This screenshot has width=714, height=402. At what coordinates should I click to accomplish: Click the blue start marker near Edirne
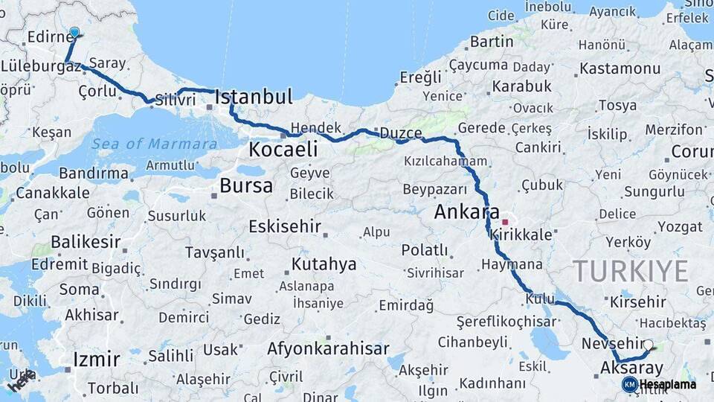74,33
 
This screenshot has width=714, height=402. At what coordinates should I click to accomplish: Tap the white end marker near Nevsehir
648,345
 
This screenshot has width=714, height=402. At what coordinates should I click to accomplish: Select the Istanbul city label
254,97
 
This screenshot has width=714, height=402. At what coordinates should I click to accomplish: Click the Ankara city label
467,212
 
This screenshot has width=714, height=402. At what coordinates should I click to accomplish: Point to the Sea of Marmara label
155,144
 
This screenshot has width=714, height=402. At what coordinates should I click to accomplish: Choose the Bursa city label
246,185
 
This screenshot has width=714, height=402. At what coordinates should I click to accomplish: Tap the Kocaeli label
283,150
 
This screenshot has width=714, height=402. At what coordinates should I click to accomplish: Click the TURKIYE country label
630,272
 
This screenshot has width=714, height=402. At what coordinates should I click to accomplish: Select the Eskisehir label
285,226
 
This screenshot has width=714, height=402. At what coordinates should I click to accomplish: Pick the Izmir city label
97,360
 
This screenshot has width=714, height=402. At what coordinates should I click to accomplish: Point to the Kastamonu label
620,68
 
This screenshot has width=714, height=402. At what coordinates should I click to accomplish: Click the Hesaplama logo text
668,385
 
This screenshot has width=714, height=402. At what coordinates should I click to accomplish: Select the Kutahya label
324,264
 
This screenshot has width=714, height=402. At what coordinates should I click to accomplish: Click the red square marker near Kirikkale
505,222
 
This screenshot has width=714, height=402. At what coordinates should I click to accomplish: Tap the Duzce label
401,133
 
